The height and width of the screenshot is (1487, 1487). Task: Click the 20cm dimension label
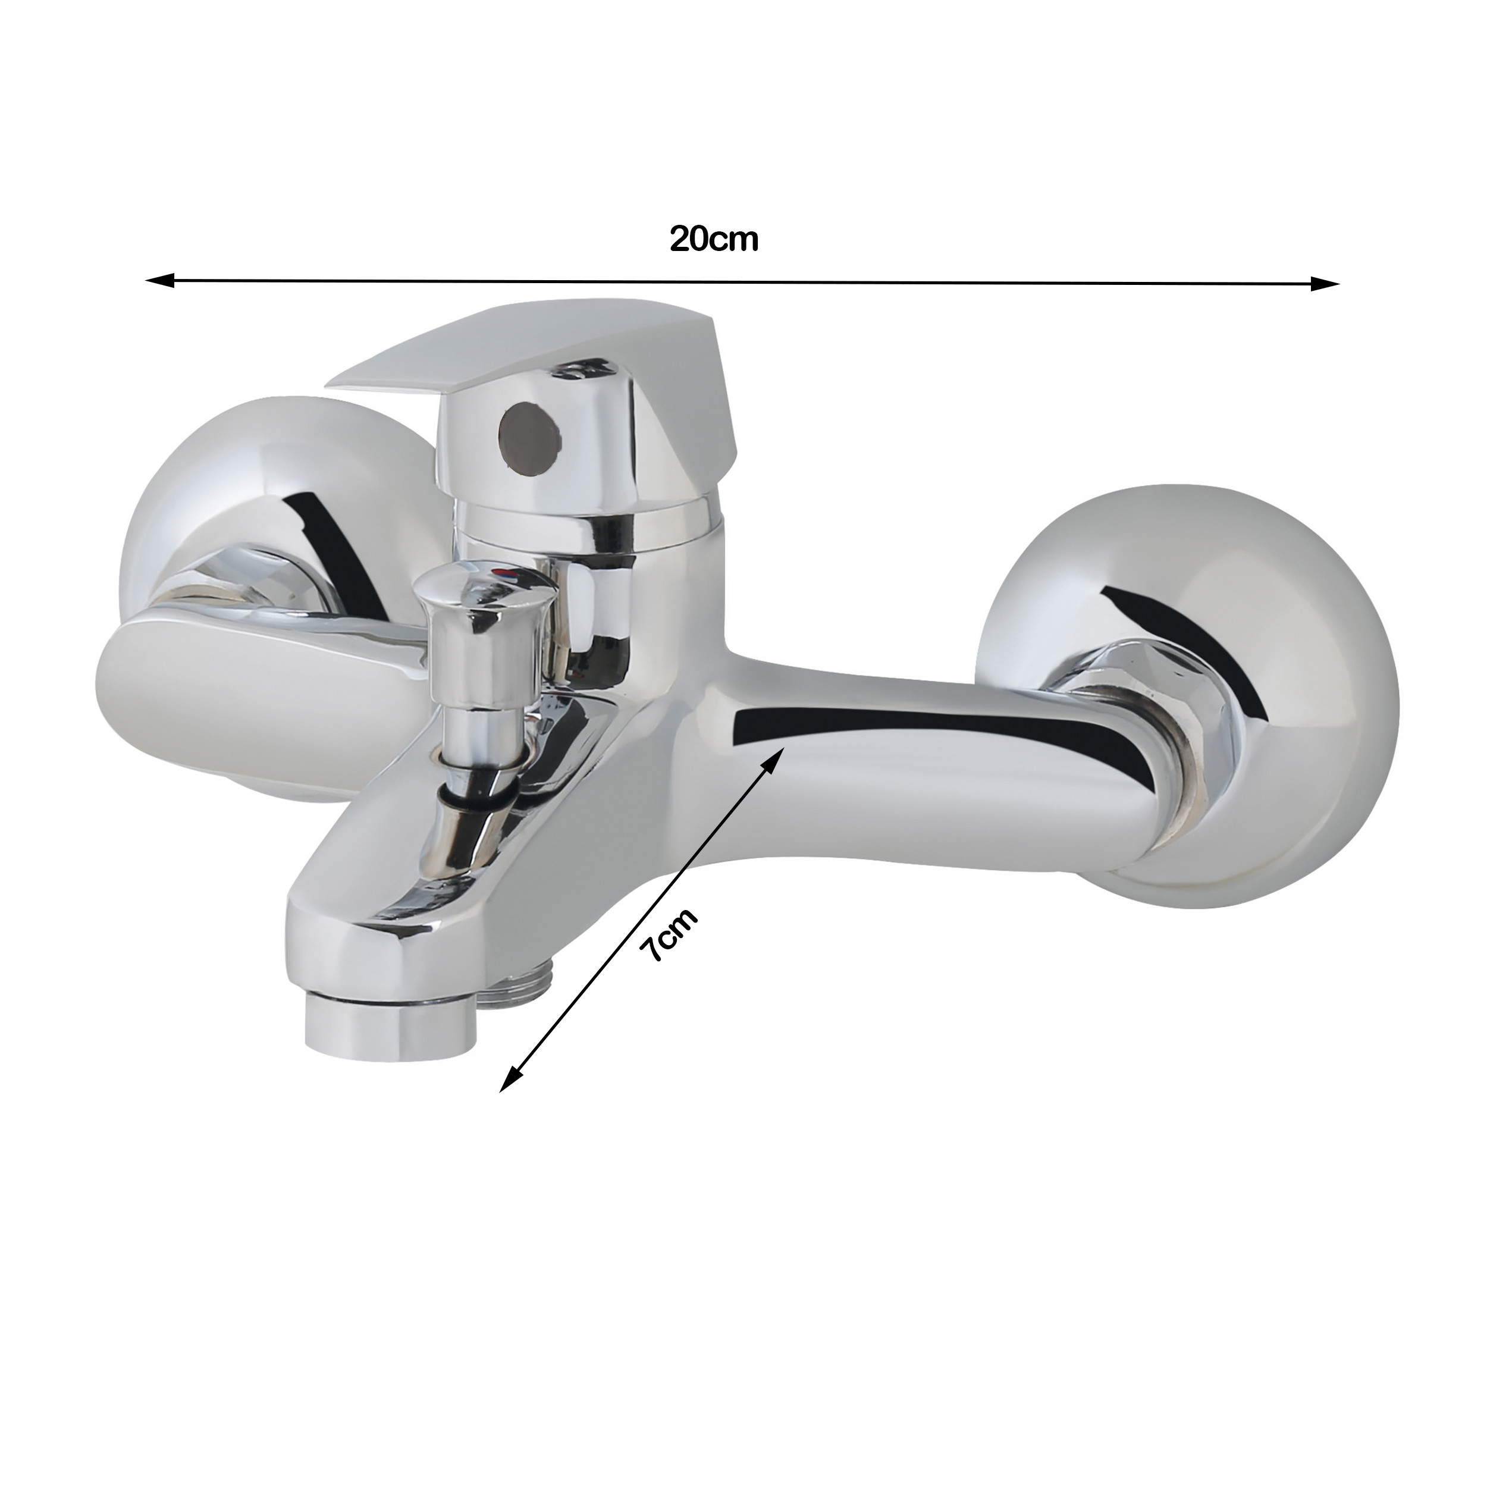coord(714,239)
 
